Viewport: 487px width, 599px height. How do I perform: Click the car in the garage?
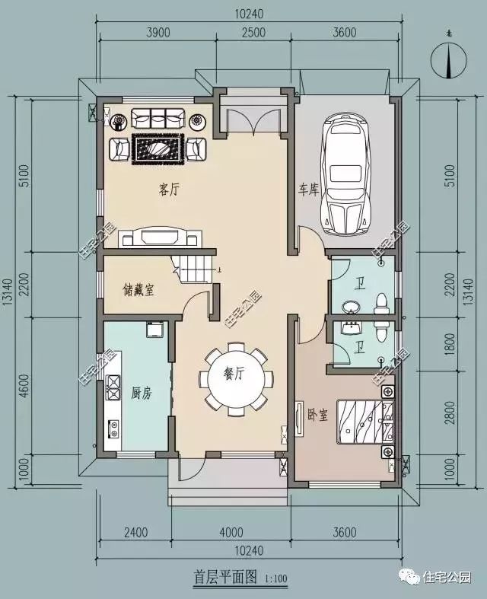pyautogui.click(x=345, y=175)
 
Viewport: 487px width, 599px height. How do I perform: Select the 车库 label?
pyautogui.click(x=308, y=189)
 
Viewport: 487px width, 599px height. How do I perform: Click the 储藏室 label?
pyautogui.click(x=138, y=289)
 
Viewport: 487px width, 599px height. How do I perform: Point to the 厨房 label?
pyautogui.click(x=142, y=393)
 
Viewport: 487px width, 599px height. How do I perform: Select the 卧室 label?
pyautogui.click(x=317, y=414)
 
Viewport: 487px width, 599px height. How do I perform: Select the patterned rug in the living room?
pyautogui.click(x=158, y=147)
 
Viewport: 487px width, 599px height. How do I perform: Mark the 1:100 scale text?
pyautogui.click(x=276, y=580)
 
